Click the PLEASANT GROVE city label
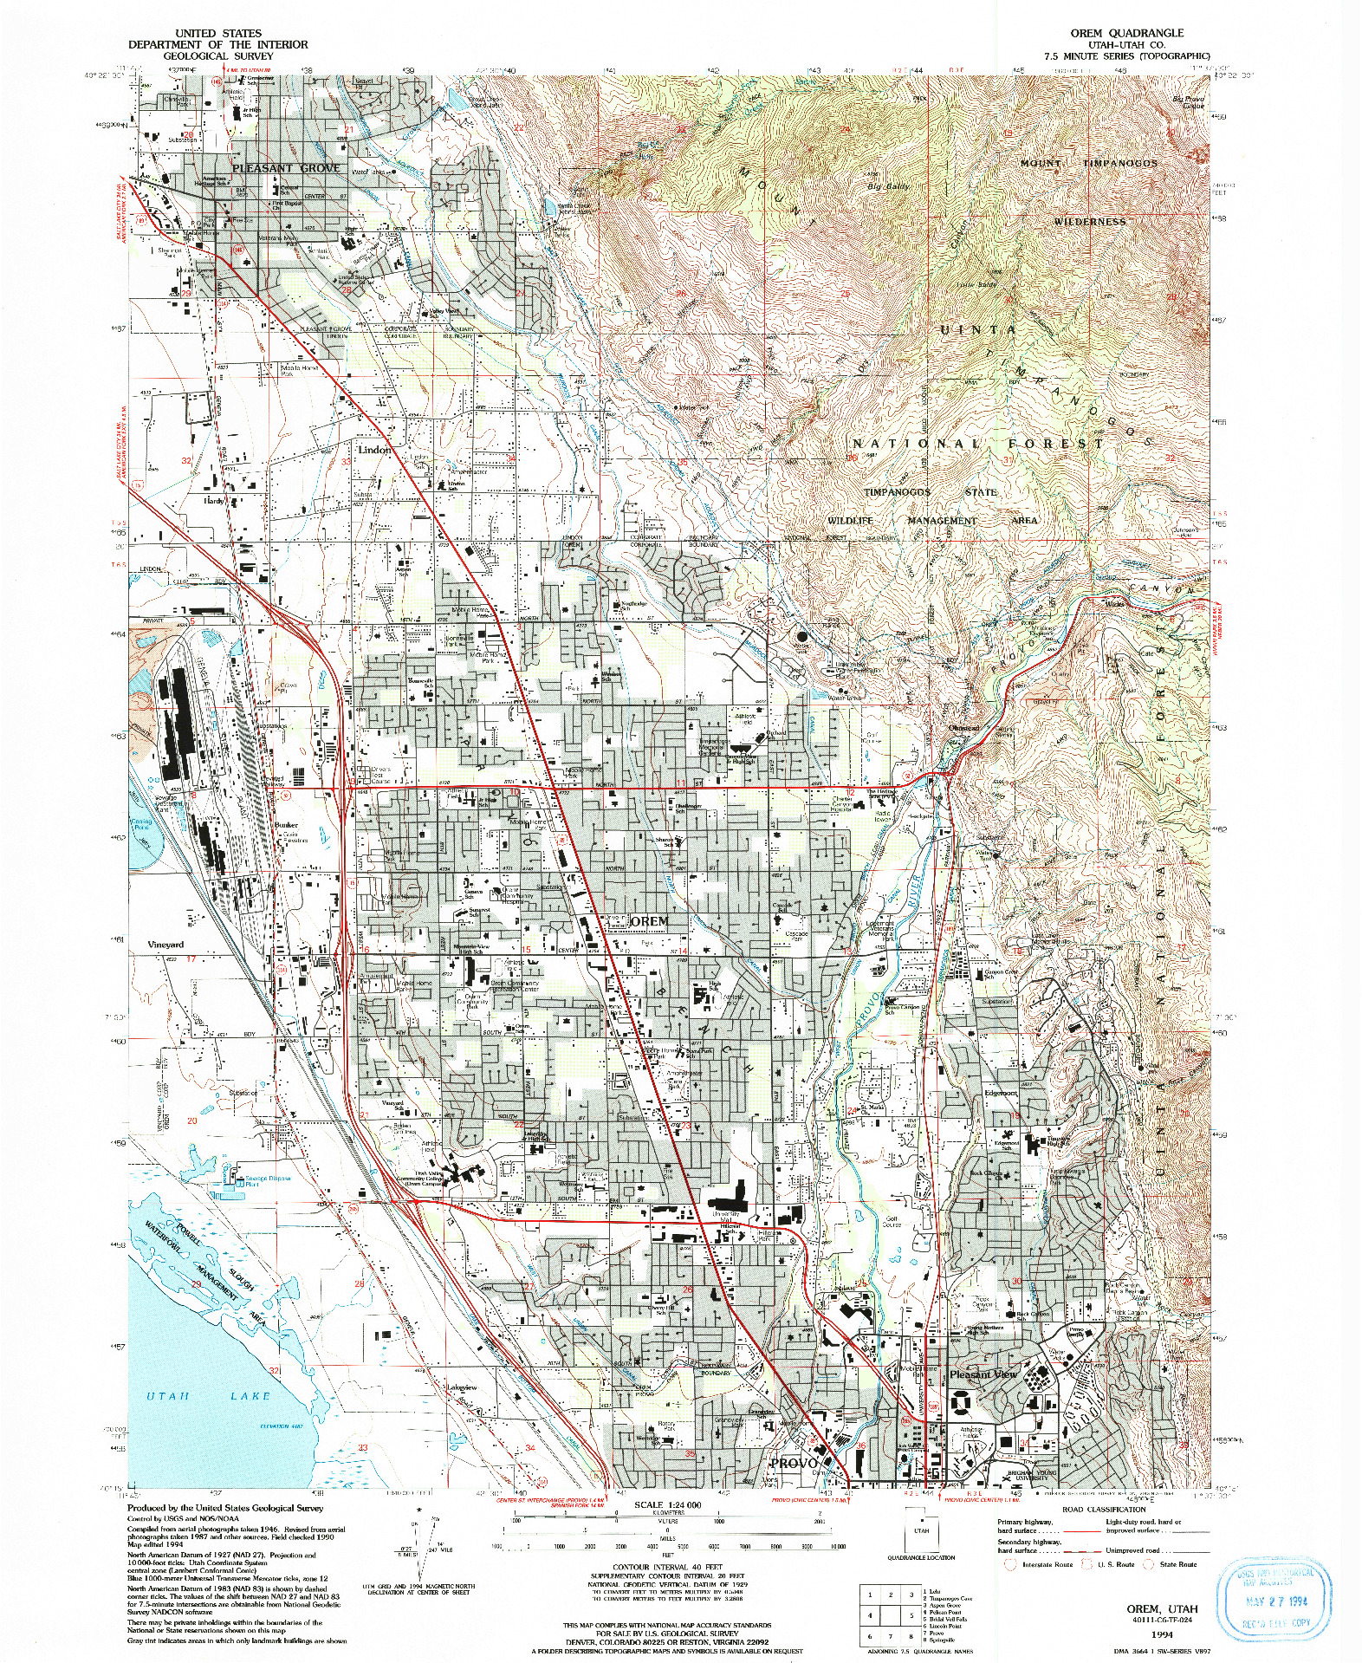point(286,168)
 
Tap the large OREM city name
point(649,920)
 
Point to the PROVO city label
point(794,1463)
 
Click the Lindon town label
point(374,451)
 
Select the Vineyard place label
point(165,945)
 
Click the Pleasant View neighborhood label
point(983,1374)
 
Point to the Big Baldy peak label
point(888,186)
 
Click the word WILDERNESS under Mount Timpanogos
point(1090,222)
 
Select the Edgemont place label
point(1000,1094)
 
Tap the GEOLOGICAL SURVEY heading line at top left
point(217,55)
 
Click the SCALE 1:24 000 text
point(667,1505)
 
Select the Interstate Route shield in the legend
point(1010,1564)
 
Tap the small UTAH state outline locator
point(921,1530)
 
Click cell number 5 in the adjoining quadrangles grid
point(911,1615)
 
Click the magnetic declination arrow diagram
point(419,1553)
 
